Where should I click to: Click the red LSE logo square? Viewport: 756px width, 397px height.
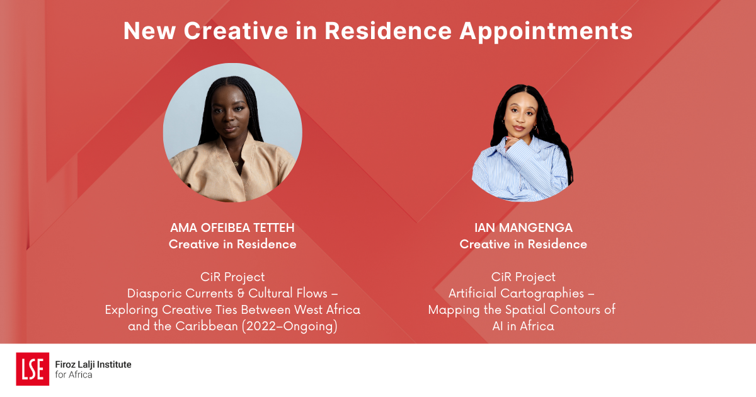(x=32, y=369)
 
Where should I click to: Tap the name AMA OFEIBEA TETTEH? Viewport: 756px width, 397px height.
(x=232, y=227)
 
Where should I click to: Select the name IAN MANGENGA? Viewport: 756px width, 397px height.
(x=523, y=227)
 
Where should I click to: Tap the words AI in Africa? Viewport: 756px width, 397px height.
(x=523, y=326)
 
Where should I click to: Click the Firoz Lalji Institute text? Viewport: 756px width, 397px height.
(x=93, y=364)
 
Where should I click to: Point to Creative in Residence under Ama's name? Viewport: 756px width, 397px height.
(x=232, y=245)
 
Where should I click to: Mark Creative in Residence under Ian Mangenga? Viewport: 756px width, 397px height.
(x=523, y=245)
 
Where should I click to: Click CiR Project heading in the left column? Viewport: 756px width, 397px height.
(x=232, y=277)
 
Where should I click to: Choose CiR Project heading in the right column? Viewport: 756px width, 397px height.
(x=523, y=277)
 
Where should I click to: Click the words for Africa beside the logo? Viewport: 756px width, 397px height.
(x=74, y=375)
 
